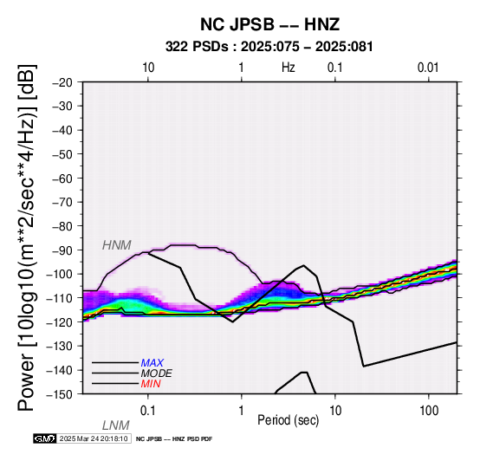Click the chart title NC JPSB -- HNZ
coord(269,24)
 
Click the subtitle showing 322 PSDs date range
coord(269,47)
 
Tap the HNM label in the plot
coord(117,245)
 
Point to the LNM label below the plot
coord(116,425)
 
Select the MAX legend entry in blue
coord(152,363)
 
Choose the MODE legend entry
coord(157,373)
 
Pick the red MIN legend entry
coord(151,384)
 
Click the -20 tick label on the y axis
coord(62,82)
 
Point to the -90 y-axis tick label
coord(62,250)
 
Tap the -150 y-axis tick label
coord(60,394)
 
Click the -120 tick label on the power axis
coord(60,322)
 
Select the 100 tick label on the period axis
coord(429,411)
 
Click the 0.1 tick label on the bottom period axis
coord(148,411)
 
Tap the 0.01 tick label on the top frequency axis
coord(428,68)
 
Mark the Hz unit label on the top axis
coord(289,68)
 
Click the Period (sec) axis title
coord(288,420)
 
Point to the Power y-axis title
coord(27,237)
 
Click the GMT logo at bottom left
coord(45,438)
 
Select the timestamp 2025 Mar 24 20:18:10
coord(94,438)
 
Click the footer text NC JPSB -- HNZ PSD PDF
coord(174,439)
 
